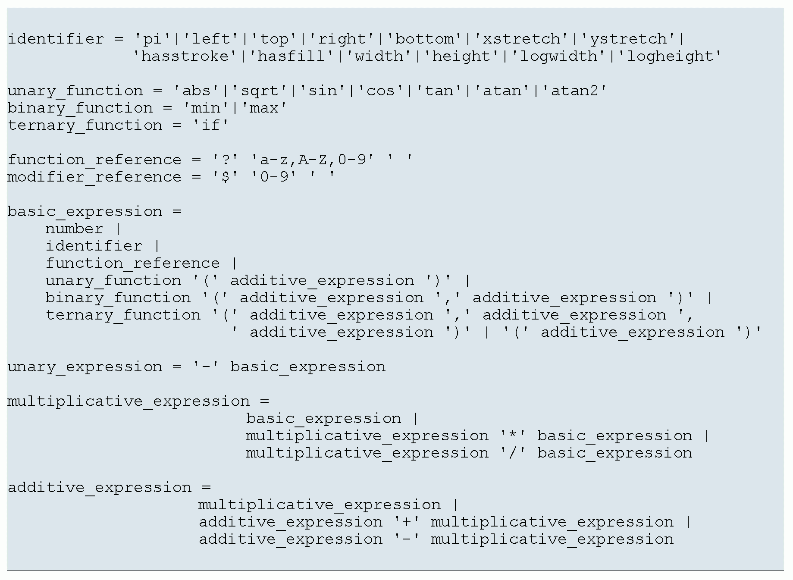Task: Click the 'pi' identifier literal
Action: coord(152,39)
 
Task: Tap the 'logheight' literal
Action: coord(670,56)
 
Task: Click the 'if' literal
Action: coord(210,125)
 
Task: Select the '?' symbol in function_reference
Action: coord(225,160)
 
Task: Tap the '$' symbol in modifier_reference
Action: coord(225,177)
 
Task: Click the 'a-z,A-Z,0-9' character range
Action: coord(312,160)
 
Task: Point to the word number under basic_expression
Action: coord(74,229)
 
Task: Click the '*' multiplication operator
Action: coord(513,436)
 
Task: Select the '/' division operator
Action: coord(513,453)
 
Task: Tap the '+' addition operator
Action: coord(407,522)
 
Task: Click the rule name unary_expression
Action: coord(85,367)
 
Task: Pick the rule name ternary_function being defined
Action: coord(85,125)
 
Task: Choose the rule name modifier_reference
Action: coord(94,177)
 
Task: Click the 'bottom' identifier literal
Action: coord(425,39)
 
